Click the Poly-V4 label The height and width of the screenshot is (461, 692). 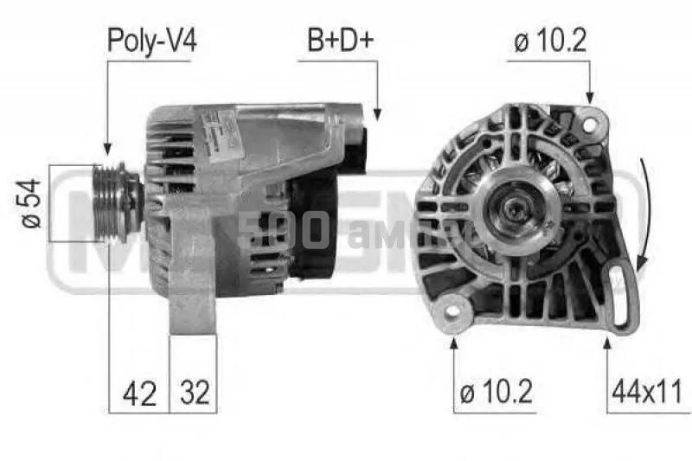tap(151, 40)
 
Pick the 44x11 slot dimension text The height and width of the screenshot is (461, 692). tap(648, 393)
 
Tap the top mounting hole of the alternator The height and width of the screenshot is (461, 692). tap(591, 124)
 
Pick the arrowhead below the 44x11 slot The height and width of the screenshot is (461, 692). tap(607, 345)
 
